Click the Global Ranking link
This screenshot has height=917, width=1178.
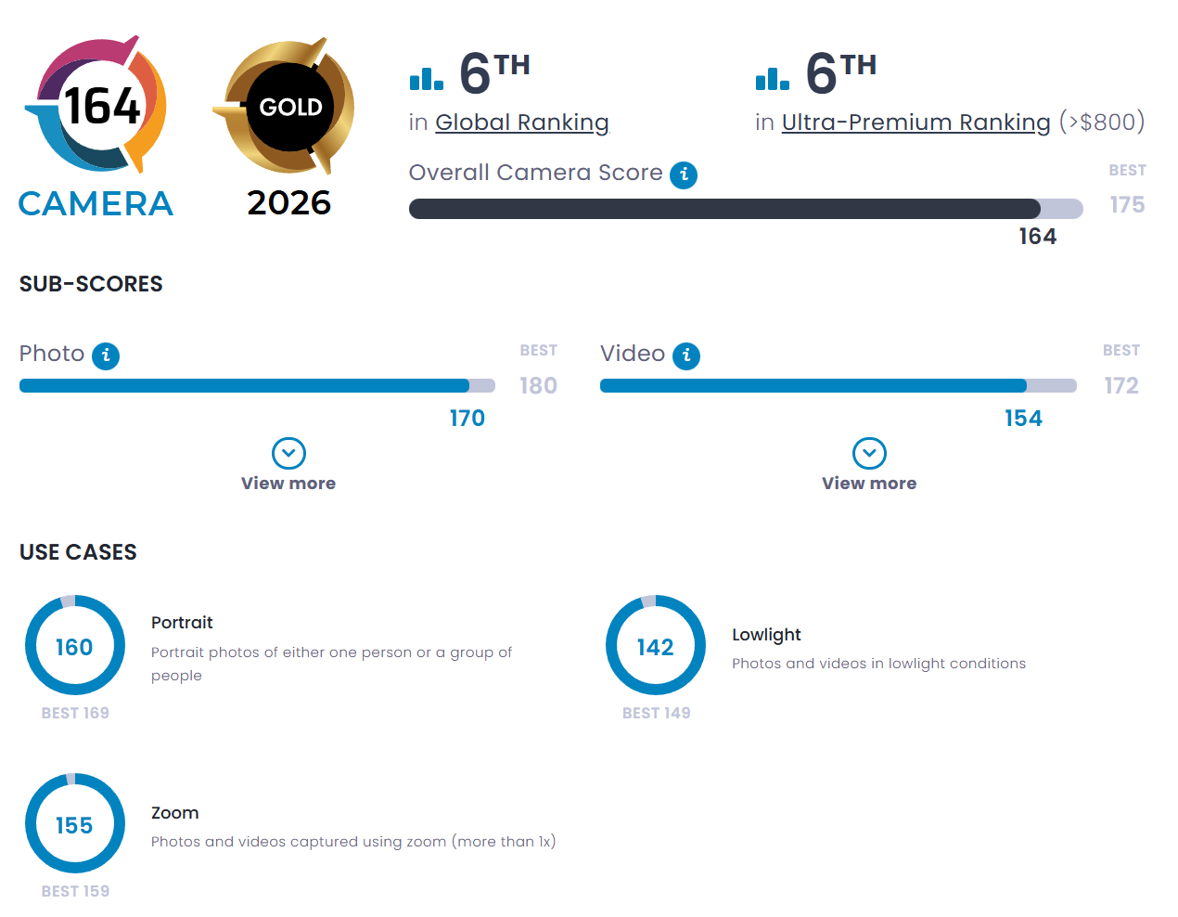tap(521, 123)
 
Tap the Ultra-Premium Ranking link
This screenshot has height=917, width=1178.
tap(916, 123)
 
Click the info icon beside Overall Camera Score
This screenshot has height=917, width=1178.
tap(684, 174)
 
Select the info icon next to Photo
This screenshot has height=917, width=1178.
tap(106, 355)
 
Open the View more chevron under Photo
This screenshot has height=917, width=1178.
tap(288, 454)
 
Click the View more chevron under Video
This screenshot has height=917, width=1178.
tap(869, 454)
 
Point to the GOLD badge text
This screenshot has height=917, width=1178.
tap(290, 108)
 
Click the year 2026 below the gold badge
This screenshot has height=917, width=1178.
tap(288, 203)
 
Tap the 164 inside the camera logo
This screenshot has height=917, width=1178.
tap(102, 106)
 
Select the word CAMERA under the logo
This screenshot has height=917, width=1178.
tap(96, 204)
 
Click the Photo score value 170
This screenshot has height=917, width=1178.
tap(467, 419)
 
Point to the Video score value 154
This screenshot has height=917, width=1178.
tap(1023, 419)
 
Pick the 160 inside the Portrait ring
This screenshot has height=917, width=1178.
tap(74, 647)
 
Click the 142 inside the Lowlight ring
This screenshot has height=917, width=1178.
tap(655, 647)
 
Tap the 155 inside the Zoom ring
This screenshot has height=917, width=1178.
tap(74, 825)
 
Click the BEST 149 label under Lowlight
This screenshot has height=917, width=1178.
tap(656, 713)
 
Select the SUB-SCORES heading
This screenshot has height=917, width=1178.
tap(91, 284)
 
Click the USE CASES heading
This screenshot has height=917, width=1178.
tap(78, 552)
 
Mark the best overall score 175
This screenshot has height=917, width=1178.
tap(1127, 204)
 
